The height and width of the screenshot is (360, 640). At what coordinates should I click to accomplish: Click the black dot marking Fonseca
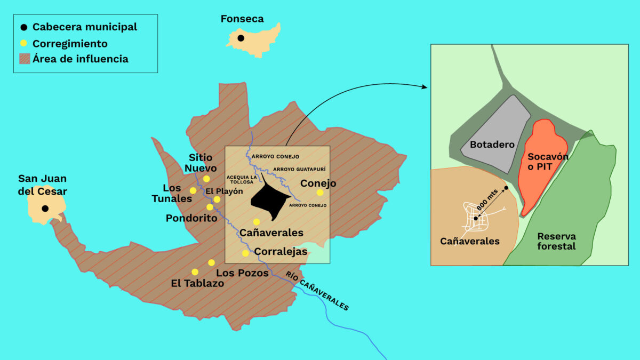[241, 38]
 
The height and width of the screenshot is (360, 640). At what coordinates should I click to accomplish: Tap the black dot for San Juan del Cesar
[45, 209]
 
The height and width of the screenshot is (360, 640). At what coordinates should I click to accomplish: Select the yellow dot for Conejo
[320, 193]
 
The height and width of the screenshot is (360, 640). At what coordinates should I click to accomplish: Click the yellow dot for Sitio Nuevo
[206, 179]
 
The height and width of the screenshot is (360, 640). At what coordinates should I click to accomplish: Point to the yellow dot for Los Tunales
[193, 190]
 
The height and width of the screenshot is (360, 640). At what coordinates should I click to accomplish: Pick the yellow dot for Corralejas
[245, 253]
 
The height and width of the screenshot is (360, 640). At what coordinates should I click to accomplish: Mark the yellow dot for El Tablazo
[195, 272]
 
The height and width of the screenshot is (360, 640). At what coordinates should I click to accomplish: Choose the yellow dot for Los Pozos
[212, 262]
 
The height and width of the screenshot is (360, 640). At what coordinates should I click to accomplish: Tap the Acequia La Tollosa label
[242, 179]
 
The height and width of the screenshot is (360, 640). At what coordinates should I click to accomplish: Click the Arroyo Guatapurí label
[299, 169]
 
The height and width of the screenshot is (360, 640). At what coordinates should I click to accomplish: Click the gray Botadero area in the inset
[493, 133]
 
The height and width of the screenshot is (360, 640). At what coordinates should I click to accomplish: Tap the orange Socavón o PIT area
[541, 160]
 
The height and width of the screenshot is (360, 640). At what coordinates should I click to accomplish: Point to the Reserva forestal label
[556, 241]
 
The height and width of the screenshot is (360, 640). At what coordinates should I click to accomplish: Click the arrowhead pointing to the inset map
[425, 87]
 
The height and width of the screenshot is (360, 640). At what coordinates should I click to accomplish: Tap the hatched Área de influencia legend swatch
[25, 59]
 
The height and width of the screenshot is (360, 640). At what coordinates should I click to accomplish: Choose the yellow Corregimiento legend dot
[23, 43]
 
